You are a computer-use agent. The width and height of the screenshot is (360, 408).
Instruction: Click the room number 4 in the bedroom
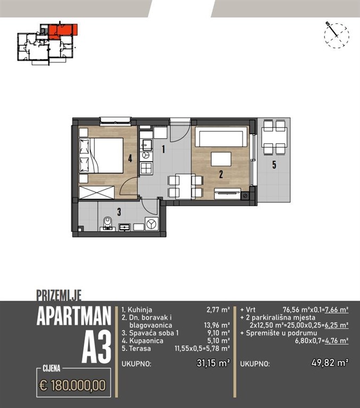[x=130, y=158]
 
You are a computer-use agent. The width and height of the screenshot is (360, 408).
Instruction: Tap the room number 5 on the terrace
[x=274, y=165]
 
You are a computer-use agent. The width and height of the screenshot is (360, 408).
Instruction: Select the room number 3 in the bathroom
[x=119, y=212]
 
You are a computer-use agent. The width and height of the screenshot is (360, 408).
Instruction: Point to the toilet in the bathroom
[x=107, y=223]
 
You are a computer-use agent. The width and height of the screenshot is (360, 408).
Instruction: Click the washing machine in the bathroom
[x=152, y=224]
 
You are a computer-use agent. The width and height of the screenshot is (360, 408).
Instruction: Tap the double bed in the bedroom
[x=101, y=155]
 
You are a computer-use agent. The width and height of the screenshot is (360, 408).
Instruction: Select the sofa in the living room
[x=221, y=137]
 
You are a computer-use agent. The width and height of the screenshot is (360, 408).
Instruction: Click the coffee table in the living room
[x=221, y=159]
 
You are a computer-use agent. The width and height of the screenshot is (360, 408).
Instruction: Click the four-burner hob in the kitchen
[x=146, y=168]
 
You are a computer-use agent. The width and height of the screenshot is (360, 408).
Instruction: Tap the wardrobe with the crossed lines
[x=97, y=192]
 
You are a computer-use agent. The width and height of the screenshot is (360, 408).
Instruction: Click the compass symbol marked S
[x=336, y=36]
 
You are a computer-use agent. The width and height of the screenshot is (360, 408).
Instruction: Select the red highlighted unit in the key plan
[x=63, y=30]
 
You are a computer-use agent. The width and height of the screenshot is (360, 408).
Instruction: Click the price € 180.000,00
[x=73, y=385]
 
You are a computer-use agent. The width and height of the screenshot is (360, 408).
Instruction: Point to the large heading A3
[x=96, y=347]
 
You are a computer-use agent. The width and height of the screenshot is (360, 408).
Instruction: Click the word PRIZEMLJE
[x=59, y=295]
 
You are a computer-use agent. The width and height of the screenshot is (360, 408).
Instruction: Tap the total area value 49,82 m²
[x=330, y=362]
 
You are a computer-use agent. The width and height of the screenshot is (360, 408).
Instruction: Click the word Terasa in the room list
[x=140, y=348]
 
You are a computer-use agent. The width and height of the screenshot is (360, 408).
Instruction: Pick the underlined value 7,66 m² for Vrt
[x=337, y=310]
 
